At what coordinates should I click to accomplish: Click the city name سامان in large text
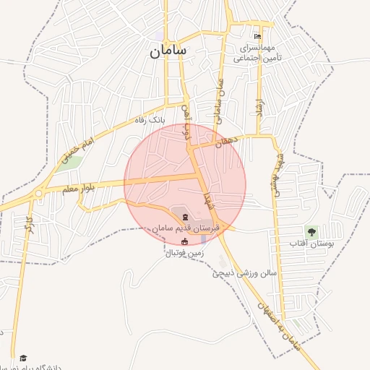(168, 51)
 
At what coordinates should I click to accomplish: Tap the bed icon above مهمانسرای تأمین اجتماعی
(257, 37)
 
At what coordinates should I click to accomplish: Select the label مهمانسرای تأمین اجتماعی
(261, 53)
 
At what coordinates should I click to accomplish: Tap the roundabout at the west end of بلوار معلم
(38, 194)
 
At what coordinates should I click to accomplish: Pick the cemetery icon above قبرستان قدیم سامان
(185, 217)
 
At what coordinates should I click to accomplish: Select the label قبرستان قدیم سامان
(186, 228)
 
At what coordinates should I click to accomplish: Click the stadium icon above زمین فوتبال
(185, 242)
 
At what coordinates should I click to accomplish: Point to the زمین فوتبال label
(186, 254)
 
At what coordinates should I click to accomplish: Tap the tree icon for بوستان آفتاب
(311, 232)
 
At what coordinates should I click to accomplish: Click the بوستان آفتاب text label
(309, 244)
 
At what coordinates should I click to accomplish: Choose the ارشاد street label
(257, 108)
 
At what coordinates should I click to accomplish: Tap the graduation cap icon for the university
(23, 358)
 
